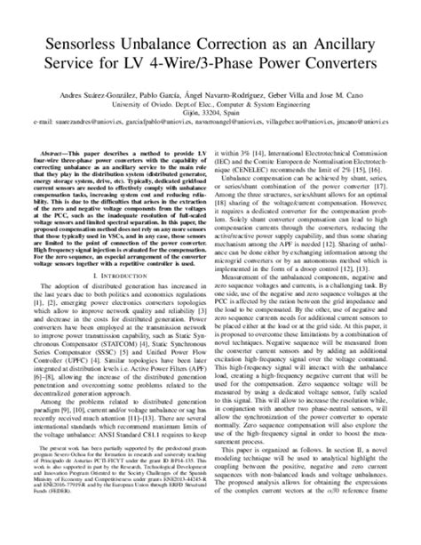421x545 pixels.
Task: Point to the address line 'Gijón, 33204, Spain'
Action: click(210, 116)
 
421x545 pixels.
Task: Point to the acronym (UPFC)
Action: click(93, 378)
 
